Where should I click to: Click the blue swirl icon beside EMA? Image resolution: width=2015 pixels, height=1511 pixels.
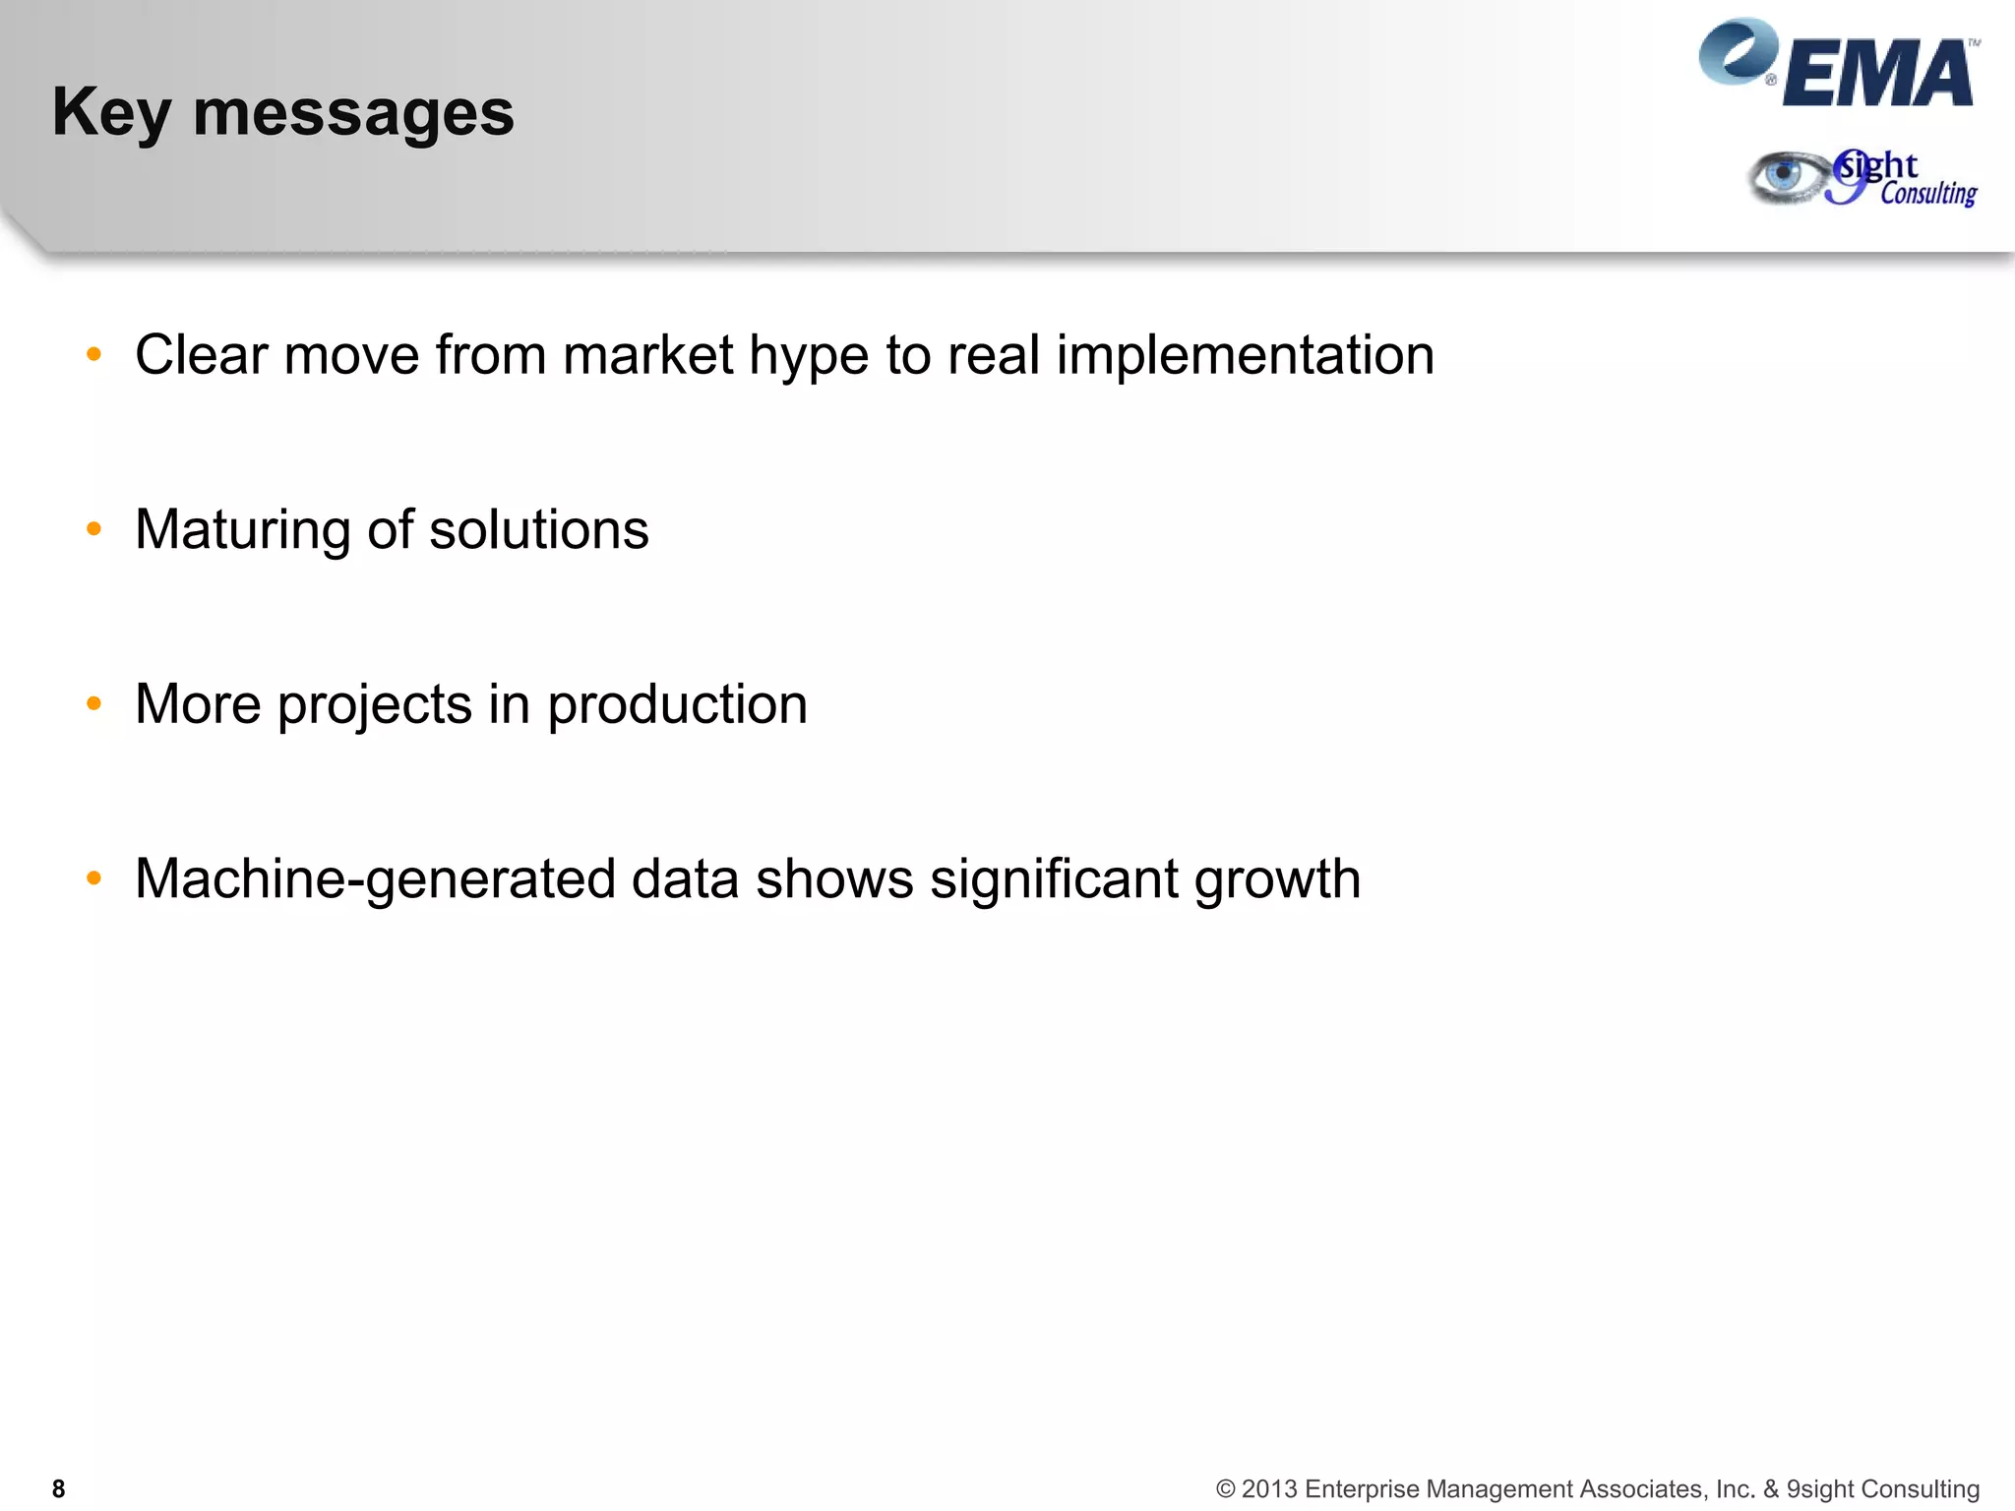1736,51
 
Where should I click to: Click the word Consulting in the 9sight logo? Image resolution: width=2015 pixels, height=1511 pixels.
1927,194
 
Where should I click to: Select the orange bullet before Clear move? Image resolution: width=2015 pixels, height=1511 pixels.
94,354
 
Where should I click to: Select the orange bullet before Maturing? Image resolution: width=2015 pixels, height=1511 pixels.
94,529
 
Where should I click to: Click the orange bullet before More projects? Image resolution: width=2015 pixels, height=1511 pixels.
94,703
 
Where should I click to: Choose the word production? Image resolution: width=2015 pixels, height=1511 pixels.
677,705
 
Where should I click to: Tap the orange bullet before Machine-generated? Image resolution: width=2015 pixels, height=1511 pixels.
94,878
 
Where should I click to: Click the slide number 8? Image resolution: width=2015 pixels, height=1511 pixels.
58,1489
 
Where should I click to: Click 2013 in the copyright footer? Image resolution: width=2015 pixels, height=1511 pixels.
1268,1489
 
